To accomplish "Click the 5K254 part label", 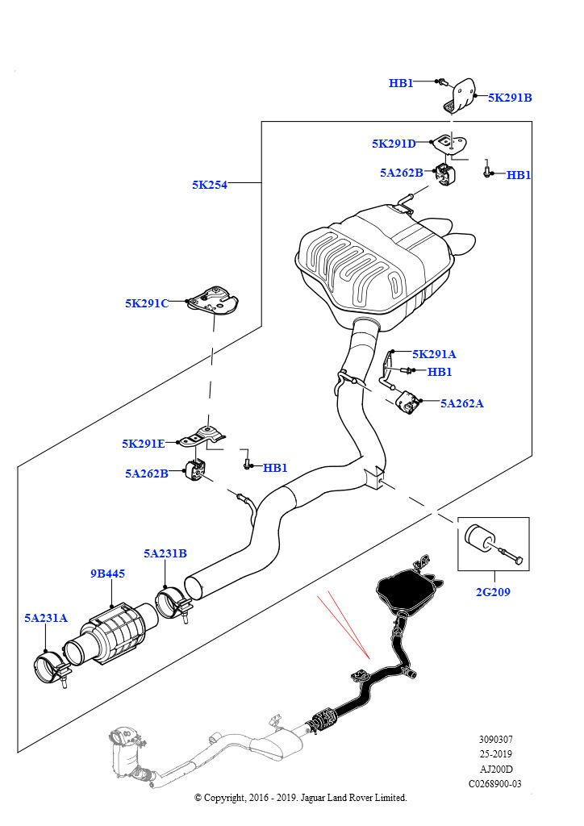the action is click(x=210, y=185).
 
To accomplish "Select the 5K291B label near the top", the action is click(x=510, y=98).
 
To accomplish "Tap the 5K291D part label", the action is click(x=394, y=144).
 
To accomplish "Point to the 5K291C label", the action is click(x=147, y=303).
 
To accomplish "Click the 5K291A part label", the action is click(x=434, y=354).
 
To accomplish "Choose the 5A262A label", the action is click(x=462, y=403).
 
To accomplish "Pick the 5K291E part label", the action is click(x=144, y=444).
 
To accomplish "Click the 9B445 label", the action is click(x=107, y=574).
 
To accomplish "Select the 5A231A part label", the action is click(x=46, y=617).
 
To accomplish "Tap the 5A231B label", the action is click(x=165, y=553).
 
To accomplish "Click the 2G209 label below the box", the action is click(x=493, y=591).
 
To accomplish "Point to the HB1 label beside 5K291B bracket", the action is click(x=401, y=83).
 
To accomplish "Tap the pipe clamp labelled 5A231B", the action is click(x=173, y=604).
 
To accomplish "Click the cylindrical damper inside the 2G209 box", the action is click(x=479, y=539).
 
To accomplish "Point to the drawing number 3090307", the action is click(x=495, y=739).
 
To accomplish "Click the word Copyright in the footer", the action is click(x=224, y=798).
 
